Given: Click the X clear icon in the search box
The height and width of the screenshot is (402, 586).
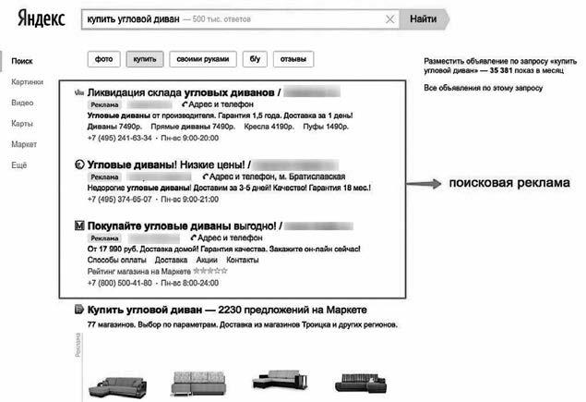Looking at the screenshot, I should tap(391, 19).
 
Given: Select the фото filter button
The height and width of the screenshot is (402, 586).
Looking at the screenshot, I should tap(103, 60).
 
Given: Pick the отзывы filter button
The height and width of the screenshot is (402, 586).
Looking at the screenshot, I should tap(293, 60).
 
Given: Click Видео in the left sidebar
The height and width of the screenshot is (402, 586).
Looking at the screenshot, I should tap(22, 103).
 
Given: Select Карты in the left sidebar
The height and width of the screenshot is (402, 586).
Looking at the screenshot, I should tap(22, 124).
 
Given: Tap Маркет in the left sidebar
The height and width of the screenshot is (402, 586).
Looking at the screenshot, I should tap(24, 145).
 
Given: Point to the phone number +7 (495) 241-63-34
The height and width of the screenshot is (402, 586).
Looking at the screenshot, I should tap(119, 138).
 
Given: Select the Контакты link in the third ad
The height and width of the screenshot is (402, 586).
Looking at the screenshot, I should tap(242, 260).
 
